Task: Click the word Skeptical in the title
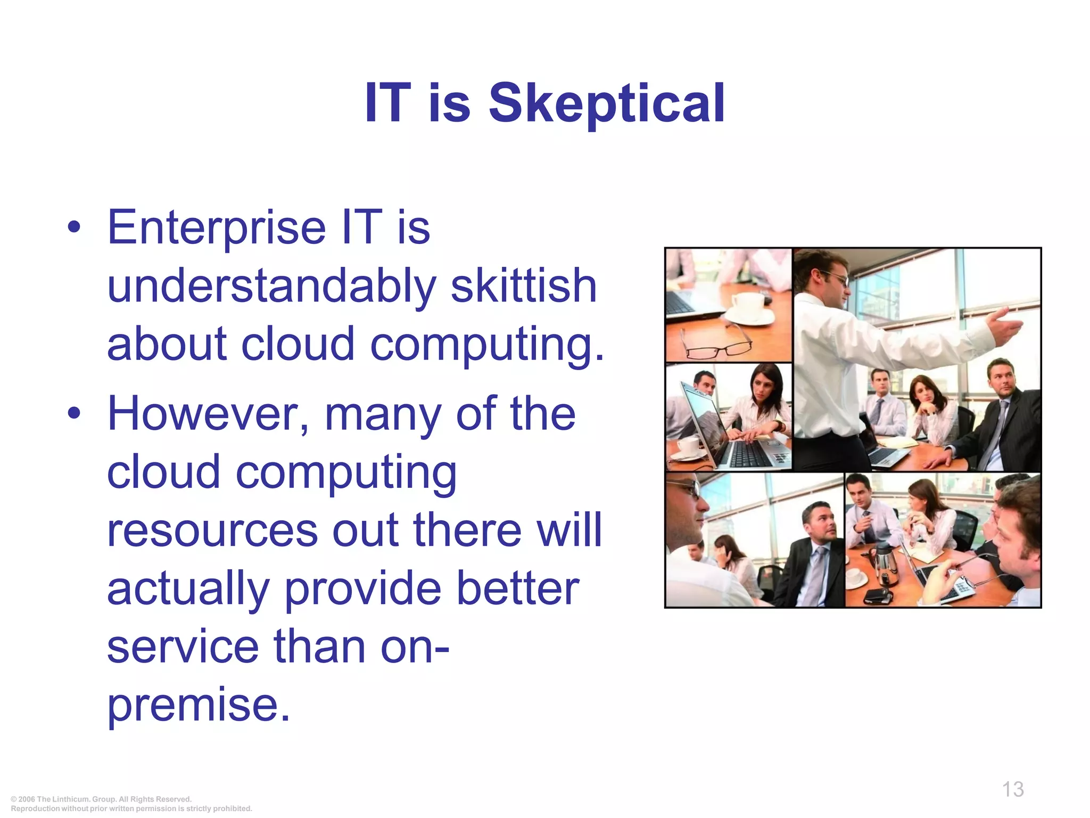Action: click(x=607, y=103)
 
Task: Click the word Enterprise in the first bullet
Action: click(x=216, y=228)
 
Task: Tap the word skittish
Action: click(x=524, y=287)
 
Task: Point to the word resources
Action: click(x=212, y=530)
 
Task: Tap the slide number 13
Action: click(x=1012, y=789)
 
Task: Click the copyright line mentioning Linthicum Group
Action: click(x=101, y=799)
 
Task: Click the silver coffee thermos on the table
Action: click(x=883, y=562)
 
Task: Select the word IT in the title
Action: click(x=387, y=103)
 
